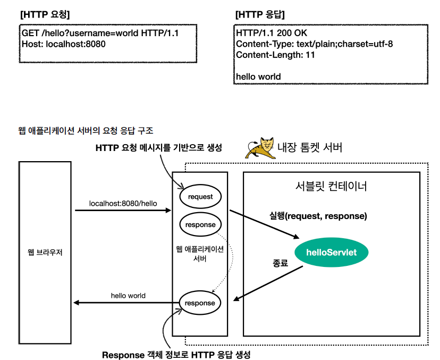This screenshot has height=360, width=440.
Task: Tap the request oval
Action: pyautogui.click(x=200, y=197)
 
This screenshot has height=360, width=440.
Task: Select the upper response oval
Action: pyautogui.click(x=200, y=224)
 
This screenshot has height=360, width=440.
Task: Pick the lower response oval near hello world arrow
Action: pyautogui.click(x=200, y=303)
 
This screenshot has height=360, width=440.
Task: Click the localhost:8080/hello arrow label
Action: pyautogui.click(x=123, y=203)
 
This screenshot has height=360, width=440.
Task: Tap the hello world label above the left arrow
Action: pyautogui.click(x=128, y=295)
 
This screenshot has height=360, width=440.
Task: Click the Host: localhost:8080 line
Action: pyautogui.click(x=64, y=44)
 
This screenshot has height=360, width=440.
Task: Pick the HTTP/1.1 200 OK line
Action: pyautogui.click(x=272, y=34)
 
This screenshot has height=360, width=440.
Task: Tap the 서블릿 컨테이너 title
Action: pyautogui.click(x=331, y=187)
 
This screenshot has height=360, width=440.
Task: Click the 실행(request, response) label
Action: pyautogui.click(x=318, y=216)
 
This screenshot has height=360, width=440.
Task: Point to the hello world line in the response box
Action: pyautogui.click(x=258, y=77)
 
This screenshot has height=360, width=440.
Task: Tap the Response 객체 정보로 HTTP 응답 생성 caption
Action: pyautogui.click(x=176, y=354)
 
